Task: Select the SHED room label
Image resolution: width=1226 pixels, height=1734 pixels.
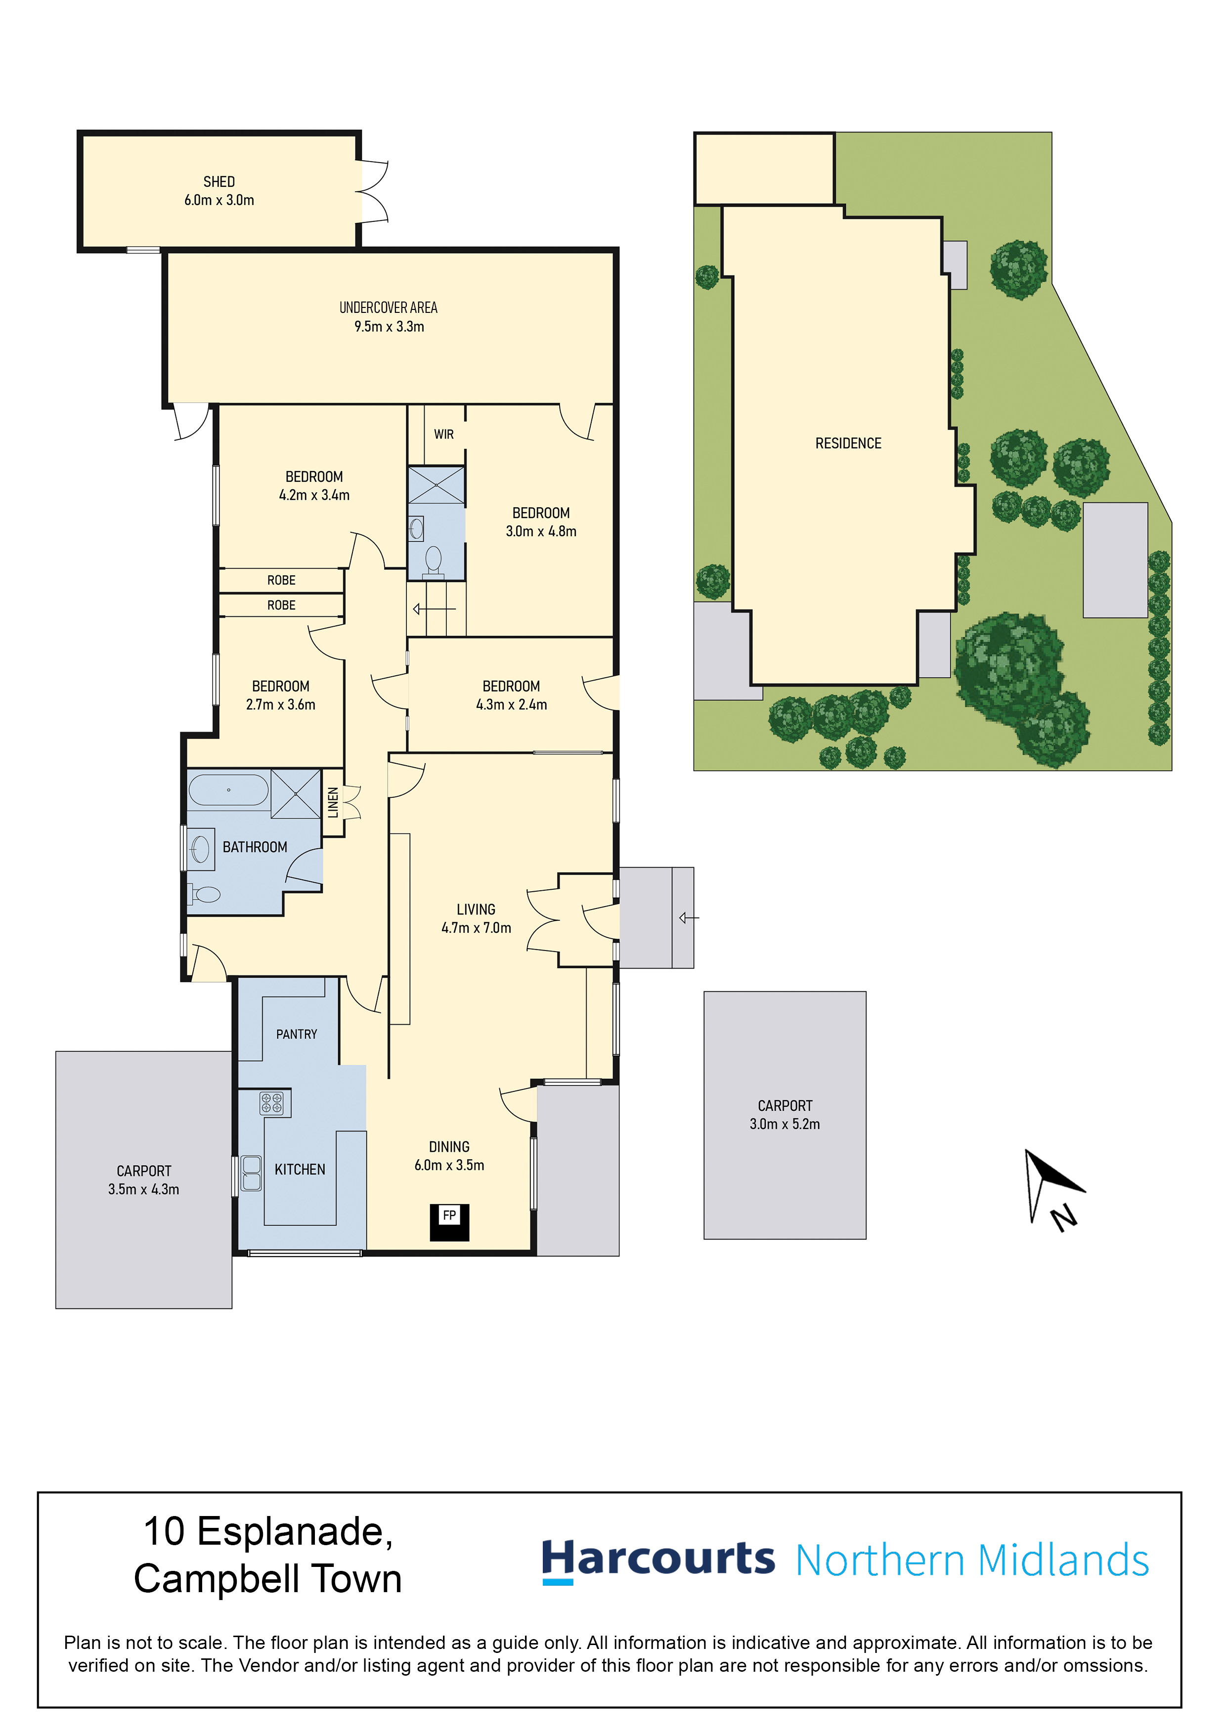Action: pyautogui.click(x=219, y=182)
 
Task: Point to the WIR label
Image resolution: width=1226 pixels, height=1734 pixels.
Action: pyautogui.click(x=443, y=434)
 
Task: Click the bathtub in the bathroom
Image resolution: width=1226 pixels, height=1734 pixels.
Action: pyautogui.click(x=228, y=790)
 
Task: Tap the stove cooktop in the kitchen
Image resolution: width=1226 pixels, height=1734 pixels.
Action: pyautogui.click(x=271, y=1103)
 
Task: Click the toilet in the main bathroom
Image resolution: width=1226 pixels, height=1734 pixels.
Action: pyautogui.click(x=204, y=895)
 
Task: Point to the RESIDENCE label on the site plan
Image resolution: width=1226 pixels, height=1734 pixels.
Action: pyautogui.click(x=848, y=443)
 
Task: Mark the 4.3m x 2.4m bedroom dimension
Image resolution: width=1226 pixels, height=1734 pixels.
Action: pyautogui.click(x=511, y=705)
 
